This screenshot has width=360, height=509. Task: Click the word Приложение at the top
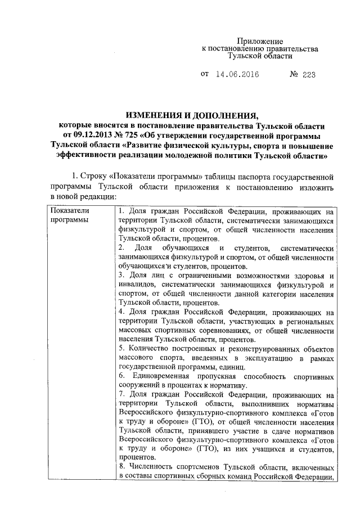[259, 42]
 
